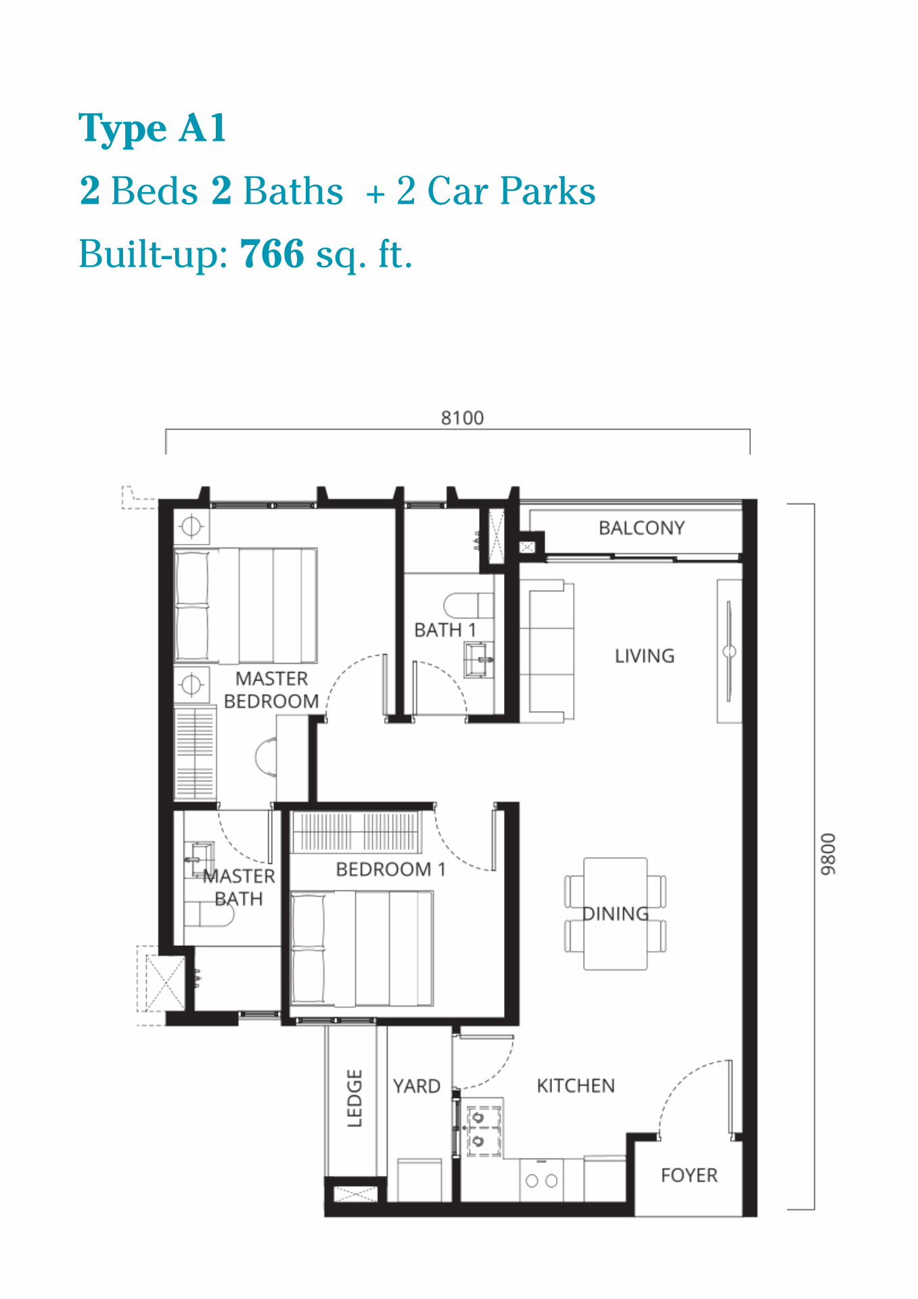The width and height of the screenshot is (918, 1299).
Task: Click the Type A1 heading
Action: click(152, 129)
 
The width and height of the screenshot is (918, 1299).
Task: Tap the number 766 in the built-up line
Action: click(272, 254)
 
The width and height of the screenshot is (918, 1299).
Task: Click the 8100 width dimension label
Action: click(463, 418)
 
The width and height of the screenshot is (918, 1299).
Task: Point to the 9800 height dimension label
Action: click(829, 854)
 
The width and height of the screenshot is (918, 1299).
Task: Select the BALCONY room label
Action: click(642, 528)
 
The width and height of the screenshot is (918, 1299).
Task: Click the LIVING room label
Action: click(645, 656)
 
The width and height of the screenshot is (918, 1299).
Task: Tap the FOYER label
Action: click(689, 1175)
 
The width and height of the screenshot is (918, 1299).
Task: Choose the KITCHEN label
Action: click(576, 1086)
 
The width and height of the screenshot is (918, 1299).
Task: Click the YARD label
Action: click(417, 1086)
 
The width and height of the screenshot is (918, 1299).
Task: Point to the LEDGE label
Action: click(355, 1098)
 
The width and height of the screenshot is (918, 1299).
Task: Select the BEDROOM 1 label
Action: click(391, 869)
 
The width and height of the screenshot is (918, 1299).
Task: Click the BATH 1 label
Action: click(445, 630)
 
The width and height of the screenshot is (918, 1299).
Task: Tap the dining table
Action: click(616, 913)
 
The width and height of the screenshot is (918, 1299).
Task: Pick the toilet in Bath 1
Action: click(469, 604)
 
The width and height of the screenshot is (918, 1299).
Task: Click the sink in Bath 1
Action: click(479, 659)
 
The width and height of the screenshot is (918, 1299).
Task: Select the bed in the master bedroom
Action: click(246, 606)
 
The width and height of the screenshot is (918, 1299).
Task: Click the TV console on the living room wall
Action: click(729, 651)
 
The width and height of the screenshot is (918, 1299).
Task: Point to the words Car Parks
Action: click(511, 191)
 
